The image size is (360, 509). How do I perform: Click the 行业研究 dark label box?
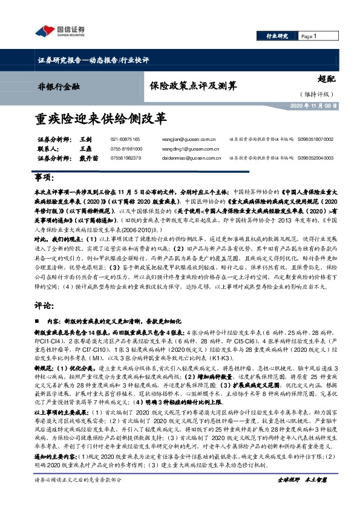tap(277, 37)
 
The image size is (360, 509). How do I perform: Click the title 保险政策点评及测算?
tap(186, 85)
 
